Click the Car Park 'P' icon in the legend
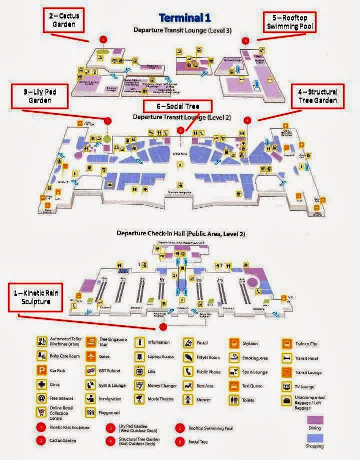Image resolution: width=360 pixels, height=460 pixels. click(42, 371)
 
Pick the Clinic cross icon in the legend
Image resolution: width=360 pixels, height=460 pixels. click(42, 385)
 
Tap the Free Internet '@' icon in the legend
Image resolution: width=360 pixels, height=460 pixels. click(42, 399)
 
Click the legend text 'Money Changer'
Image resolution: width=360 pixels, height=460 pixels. click(162, 386)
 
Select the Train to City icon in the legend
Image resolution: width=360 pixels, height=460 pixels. click(286, 344)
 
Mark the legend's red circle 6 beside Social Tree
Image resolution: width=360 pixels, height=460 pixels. click(179, 442)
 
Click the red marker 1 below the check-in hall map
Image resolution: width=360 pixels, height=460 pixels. click(162, 326)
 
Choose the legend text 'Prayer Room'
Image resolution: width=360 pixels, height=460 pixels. click(208, 358)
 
